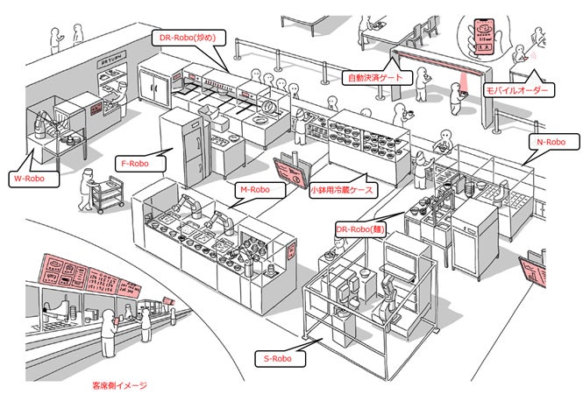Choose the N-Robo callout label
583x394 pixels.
(x=551, y=141)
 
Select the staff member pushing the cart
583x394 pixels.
(x=84, y=190)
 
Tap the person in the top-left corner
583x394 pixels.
(x=78, y=33)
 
